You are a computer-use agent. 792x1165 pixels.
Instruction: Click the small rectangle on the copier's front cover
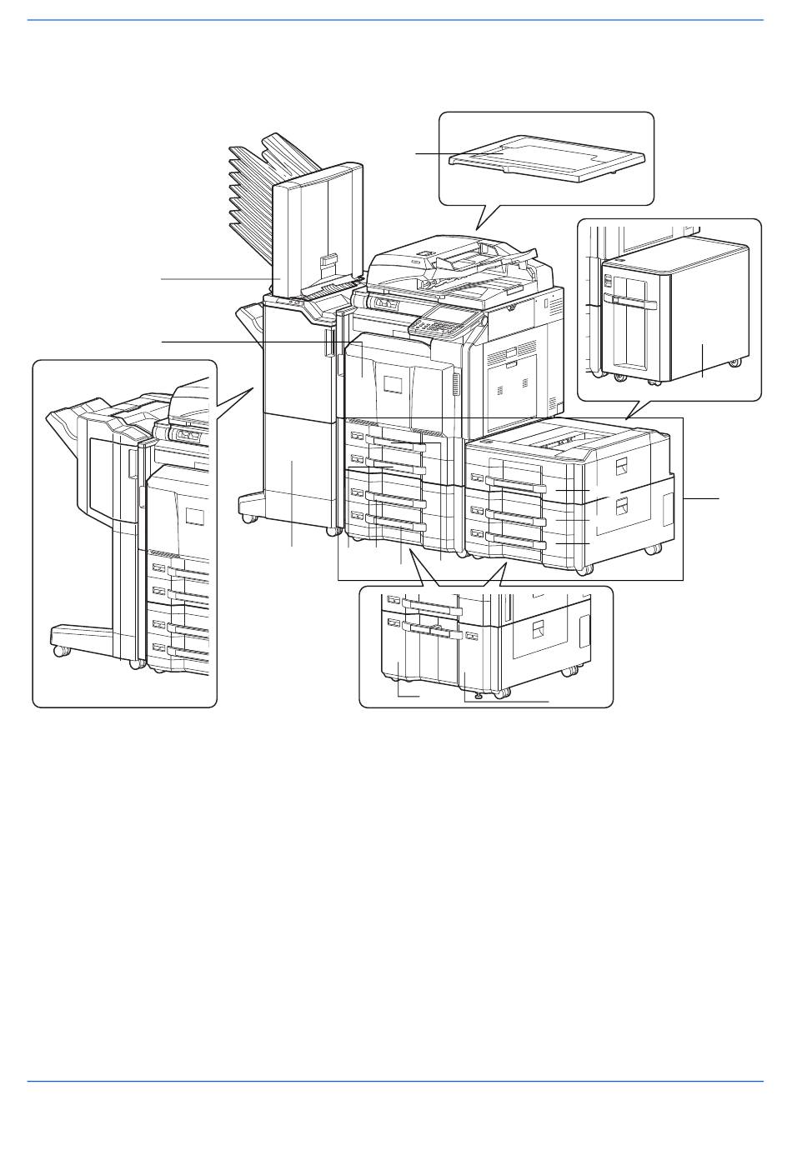coord(393,385)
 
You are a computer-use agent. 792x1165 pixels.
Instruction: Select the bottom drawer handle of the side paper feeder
coord(517,542)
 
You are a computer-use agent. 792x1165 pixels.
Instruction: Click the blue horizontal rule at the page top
coord(395,21)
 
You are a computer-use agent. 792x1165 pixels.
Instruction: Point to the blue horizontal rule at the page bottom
coord(395,1082)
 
